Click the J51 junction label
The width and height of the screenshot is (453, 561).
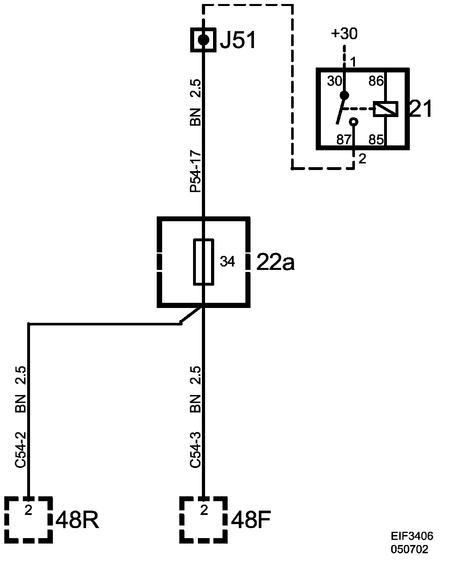tap(237, 40)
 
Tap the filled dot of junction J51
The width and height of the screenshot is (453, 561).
tap(203, 39)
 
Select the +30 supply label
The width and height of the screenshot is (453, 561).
tap(344, 34)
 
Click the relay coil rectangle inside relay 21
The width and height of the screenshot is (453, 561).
tap(386, 109)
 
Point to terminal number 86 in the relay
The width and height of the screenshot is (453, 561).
tap(376, 81)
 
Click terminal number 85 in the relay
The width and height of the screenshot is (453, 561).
tap(376, 140)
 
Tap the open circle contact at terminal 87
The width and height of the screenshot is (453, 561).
tap(354, 122)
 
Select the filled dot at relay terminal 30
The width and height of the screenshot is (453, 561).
tap(345, 95)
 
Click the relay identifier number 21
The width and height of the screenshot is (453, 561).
tap(420, 109)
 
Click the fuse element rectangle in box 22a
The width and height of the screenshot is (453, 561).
tap(204, 262)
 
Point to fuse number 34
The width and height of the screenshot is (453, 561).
tap(227, 262)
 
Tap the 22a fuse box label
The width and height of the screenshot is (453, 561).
tap(275, 262)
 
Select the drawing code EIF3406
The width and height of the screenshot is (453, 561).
tap(412, 536)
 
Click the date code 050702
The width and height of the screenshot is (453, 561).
tap(410, 549)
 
